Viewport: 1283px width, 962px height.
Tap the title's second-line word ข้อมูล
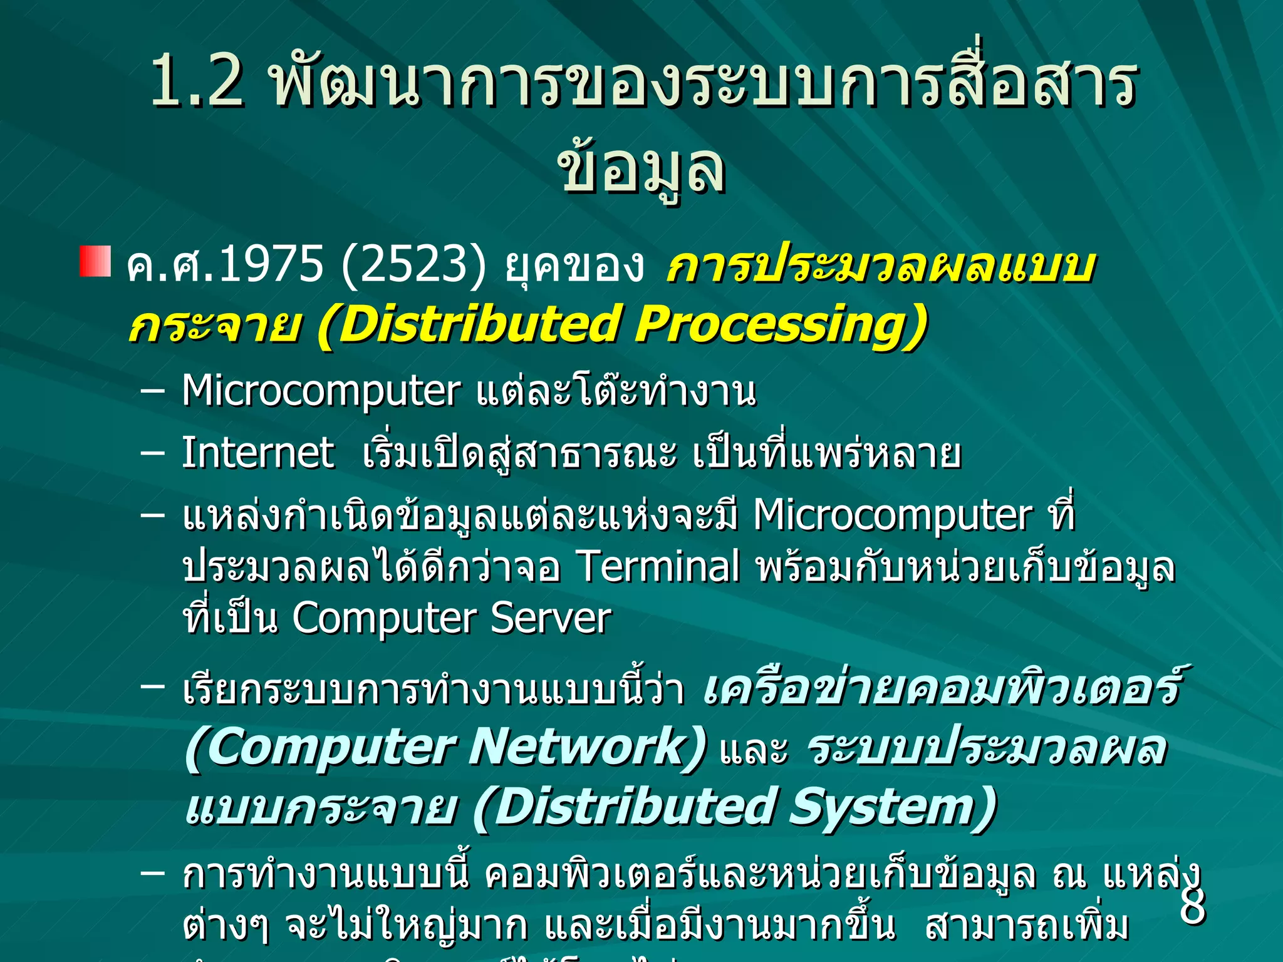coord(641,168)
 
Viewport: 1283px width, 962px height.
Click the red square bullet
coord(95,262)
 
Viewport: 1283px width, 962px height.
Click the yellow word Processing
coord(781,324)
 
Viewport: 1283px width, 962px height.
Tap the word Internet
coord(257,453)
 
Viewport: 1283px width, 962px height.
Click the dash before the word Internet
coord(153,452)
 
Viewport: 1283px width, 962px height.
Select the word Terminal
coord(658,566)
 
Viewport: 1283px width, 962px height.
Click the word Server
coord(551,619)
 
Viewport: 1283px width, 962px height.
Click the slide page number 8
coord(1192,906)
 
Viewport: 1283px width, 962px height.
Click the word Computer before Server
coord(383,619)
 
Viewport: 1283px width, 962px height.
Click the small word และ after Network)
coord(754,750)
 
